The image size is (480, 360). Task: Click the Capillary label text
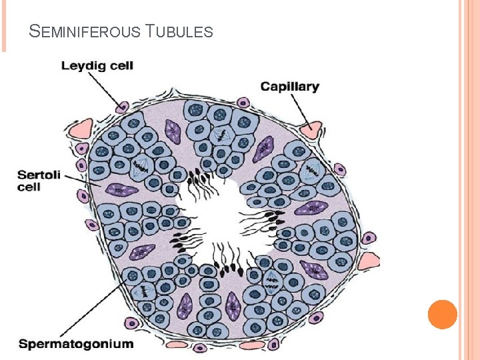pyautogui.click(x=290, y=86)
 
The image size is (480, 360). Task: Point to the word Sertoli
pyautogui.click(x=39, y=175)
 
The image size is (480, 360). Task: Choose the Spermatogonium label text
pyautogui.click(x=75, y=344)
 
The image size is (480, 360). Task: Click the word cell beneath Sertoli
pyautogui.click(x=29, y=187)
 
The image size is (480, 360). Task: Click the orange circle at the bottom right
pyautogui.click(x=442, y=314)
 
